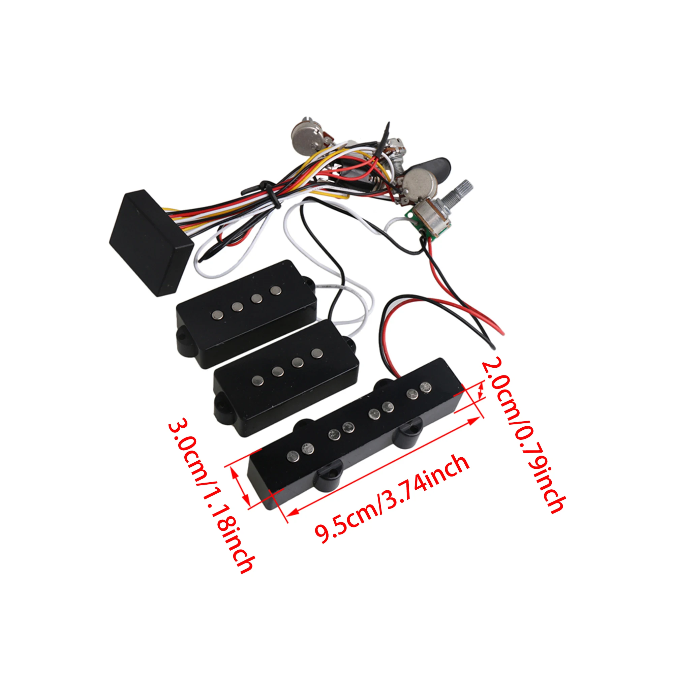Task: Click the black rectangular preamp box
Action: click(x=151, y=242)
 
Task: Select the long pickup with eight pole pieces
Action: click(x=356, y=434)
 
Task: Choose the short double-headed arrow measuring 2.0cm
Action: click(x=482, y=390)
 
